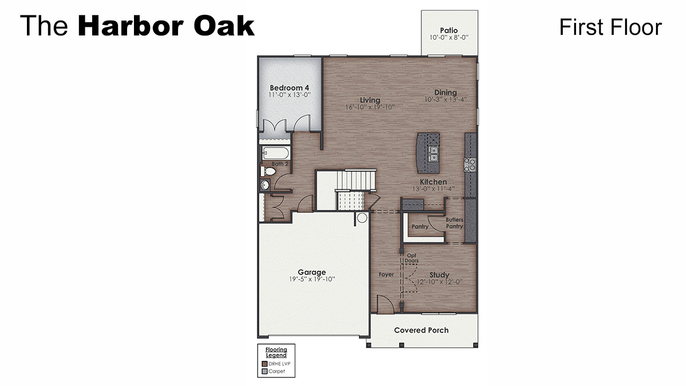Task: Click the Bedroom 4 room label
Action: coord(289,87)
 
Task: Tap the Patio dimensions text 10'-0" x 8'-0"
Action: coord(449,38)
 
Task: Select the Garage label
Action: coord(311,272)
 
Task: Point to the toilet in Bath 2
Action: coord(267,171)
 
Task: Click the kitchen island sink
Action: coord(433,153)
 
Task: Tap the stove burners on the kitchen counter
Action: coord(470,165)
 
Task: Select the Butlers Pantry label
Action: coord(455,223)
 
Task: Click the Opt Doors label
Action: coord(412,258)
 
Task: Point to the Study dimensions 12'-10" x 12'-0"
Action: coord(439,282)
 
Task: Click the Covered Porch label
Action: coord(421,330)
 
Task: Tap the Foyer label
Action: coord(386,274)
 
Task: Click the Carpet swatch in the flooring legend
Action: coord(264,371)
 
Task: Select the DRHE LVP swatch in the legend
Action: coord(264,364)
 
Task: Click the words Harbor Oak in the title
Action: coord(166,26)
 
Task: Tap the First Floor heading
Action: coord(610,27)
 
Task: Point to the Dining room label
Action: coord(445,93)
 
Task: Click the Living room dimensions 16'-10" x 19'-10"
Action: coord(370,107)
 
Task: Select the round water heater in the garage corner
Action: coord(362,217)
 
